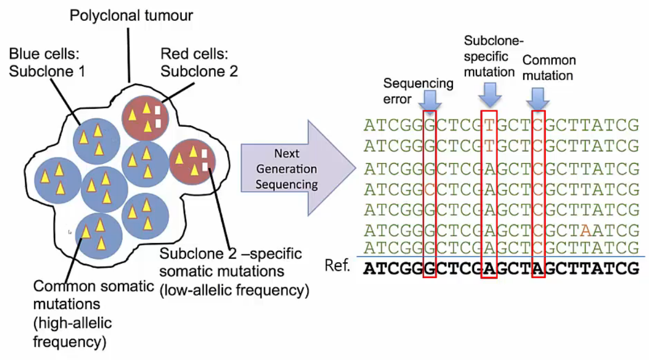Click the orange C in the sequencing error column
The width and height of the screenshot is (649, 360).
click(430, 189)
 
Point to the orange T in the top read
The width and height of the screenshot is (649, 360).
click(489, 126)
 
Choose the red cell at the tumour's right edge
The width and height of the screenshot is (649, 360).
click(192, 161)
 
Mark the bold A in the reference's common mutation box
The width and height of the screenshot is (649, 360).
click(538, 269)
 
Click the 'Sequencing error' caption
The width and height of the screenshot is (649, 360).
click(418, 91)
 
